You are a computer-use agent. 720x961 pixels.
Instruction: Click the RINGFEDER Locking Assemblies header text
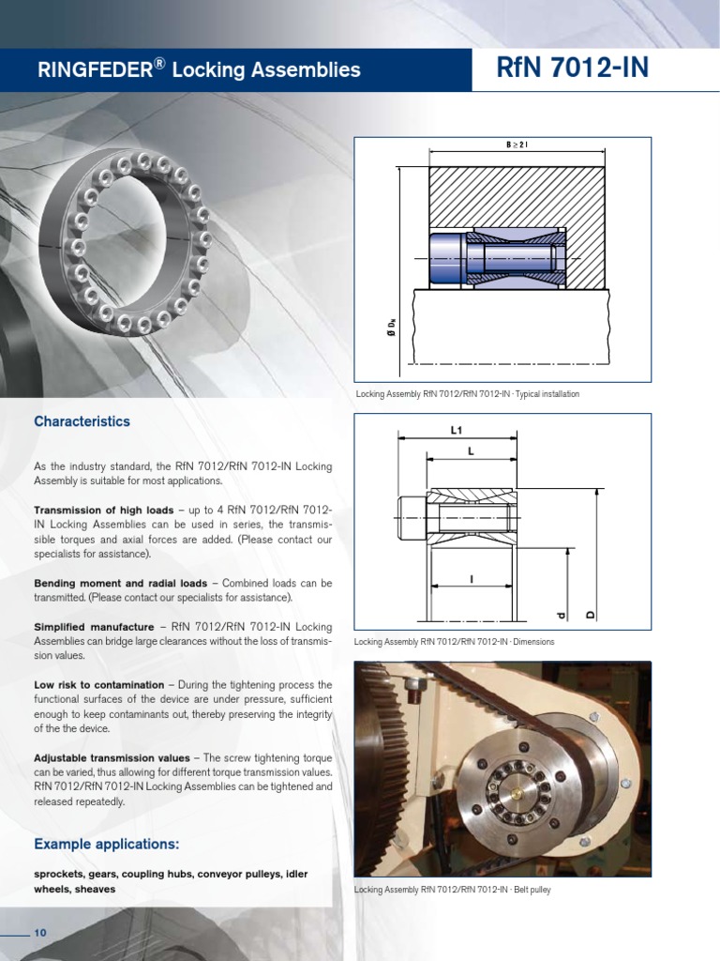coord(198,69)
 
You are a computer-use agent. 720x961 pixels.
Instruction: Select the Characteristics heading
coord(82,421)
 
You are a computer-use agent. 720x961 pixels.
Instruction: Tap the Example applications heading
coord(106,843)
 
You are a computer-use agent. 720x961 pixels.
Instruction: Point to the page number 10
coord(40,932)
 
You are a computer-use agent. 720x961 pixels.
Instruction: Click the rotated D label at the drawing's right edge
coord(591,615)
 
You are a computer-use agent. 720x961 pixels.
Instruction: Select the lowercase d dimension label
coord(562,616)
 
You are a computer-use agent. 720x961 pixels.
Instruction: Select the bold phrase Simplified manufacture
coord(94,626)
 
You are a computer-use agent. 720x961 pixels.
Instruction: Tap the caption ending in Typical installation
coord(467,394)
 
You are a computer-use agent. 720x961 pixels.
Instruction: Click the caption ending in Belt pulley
coord(452,890)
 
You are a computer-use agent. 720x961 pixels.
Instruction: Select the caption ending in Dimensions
coord(455,642)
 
